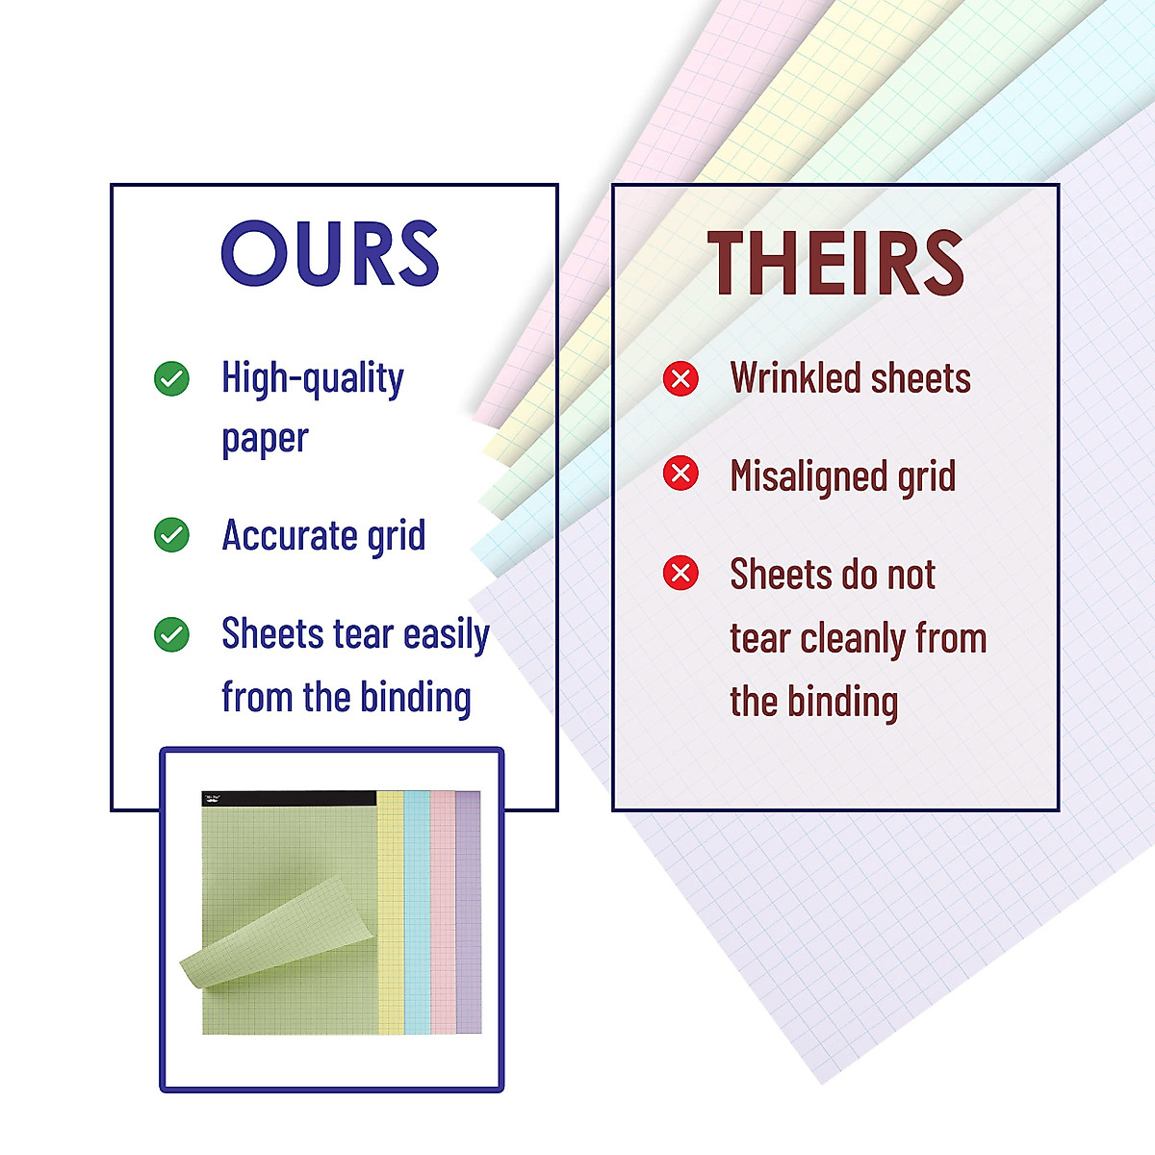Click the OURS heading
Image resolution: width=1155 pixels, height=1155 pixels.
(330, 253)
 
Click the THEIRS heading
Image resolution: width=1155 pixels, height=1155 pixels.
(835, 263)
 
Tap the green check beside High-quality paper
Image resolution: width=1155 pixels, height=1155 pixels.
(171, 379)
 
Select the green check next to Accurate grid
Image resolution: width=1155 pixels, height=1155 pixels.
(171, 534)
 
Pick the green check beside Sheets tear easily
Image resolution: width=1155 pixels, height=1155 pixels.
(171, 634)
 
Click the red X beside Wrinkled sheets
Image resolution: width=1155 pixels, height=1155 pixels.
(680, 379)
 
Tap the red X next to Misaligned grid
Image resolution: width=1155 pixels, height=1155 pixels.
(680, 474)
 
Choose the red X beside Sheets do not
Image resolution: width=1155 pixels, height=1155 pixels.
(680, 573)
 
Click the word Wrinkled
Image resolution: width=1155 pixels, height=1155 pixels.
(796, 378)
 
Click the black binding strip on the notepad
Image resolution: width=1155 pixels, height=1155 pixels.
(289, 798)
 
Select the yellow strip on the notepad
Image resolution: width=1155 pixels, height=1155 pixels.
(390, 912)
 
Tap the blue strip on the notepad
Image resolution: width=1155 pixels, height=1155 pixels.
(417, 912)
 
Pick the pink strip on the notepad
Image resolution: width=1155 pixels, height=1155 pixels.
(443, 912)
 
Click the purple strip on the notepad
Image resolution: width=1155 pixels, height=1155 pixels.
(469, 912)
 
